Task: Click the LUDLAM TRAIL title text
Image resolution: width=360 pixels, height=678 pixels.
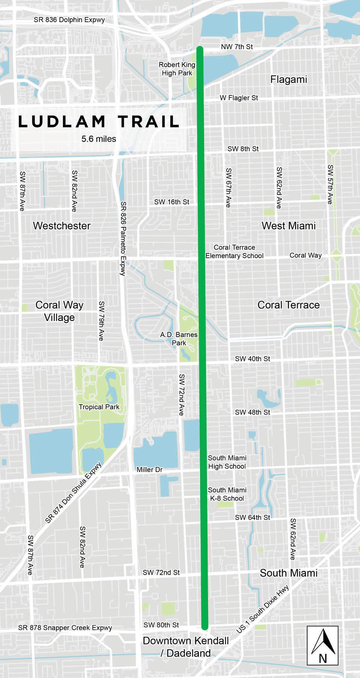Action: [x=99, y=122]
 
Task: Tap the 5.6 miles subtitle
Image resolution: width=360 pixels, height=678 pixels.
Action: [x=99, y=139]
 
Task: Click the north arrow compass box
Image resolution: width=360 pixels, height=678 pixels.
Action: [x=322, y=645]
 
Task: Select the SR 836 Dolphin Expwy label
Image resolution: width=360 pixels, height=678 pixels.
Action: [x=69, y=20]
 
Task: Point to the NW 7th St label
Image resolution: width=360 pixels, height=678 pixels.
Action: [x=237, y=47]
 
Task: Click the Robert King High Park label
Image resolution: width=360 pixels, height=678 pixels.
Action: [x=177, y=69]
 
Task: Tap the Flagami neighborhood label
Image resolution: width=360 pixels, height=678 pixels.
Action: [x=288, y=79]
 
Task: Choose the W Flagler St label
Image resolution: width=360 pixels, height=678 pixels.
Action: [x=239, y=98]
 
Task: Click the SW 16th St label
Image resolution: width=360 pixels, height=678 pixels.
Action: [x=171, y=202]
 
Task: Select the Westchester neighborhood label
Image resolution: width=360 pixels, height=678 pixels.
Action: [x=62, y=226]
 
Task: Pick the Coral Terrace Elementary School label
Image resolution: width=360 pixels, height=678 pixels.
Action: [x=234, y=252]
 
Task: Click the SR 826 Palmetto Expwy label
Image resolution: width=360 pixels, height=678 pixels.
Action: [x=123, y=238]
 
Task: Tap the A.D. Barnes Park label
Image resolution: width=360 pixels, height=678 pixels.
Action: [x=179, y=339]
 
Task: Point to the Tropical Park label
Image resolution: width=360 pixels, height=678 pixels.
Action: [x=99, y=407]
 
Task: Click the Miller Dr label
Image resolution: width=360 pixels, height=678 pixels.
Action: [x=149, y=470]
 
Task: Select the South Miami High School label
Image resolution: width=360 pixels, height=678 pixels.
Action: [x=227, y=462]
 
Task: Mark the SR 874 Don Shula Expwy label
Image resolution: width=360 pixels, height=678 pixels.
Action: [x=74, y=492]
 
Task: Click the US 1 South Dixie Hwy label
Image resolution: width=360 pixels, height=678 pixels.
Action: [x=263, y=609]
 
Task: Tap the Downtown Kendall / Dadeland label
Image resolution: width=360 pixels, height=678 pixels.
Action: [x=186, y=647]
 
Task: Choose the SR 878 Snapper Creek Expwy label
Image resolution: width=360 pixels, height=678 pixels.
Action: [x=65, y=628]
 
